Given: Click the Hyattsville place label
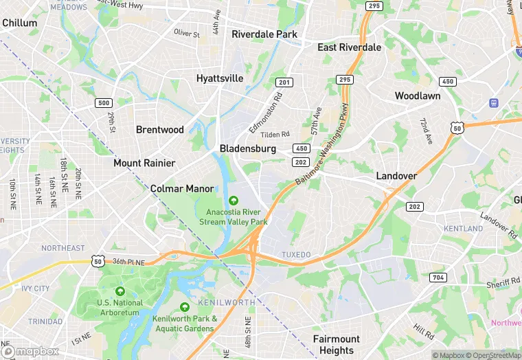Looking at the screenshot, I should coord(220,78).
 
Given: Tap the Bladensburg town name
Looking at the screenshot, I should coord(248,148).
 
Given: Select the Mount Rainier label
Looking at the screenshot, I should coord(144,163).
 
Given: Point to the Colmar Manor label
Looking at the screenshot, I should coord(182,188).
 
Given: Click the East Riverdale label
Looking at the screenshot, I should coord(349,47).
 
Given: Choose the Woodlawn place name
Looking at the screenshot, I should coord(418,96).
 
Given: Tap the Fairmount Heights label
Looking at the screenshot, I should coord(337,345).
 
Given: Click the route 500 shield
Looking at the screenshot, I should coord(104,103).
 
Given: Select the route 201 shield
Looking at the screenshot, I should coord(284,82).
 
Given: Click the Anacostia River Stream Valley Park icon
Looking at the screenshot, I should coord(234,201).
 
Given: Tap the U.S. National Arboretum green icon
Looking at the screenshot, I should coord(120,291).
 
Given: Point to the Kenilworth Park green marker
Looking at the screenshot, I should coord(184,307).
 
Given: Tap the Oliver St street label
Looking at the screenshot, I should coord(187,33).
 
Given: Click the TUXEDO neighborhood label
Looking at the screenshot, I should coord(297,255).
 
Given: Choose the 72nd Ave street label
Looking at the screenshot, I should coord(427,131).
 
